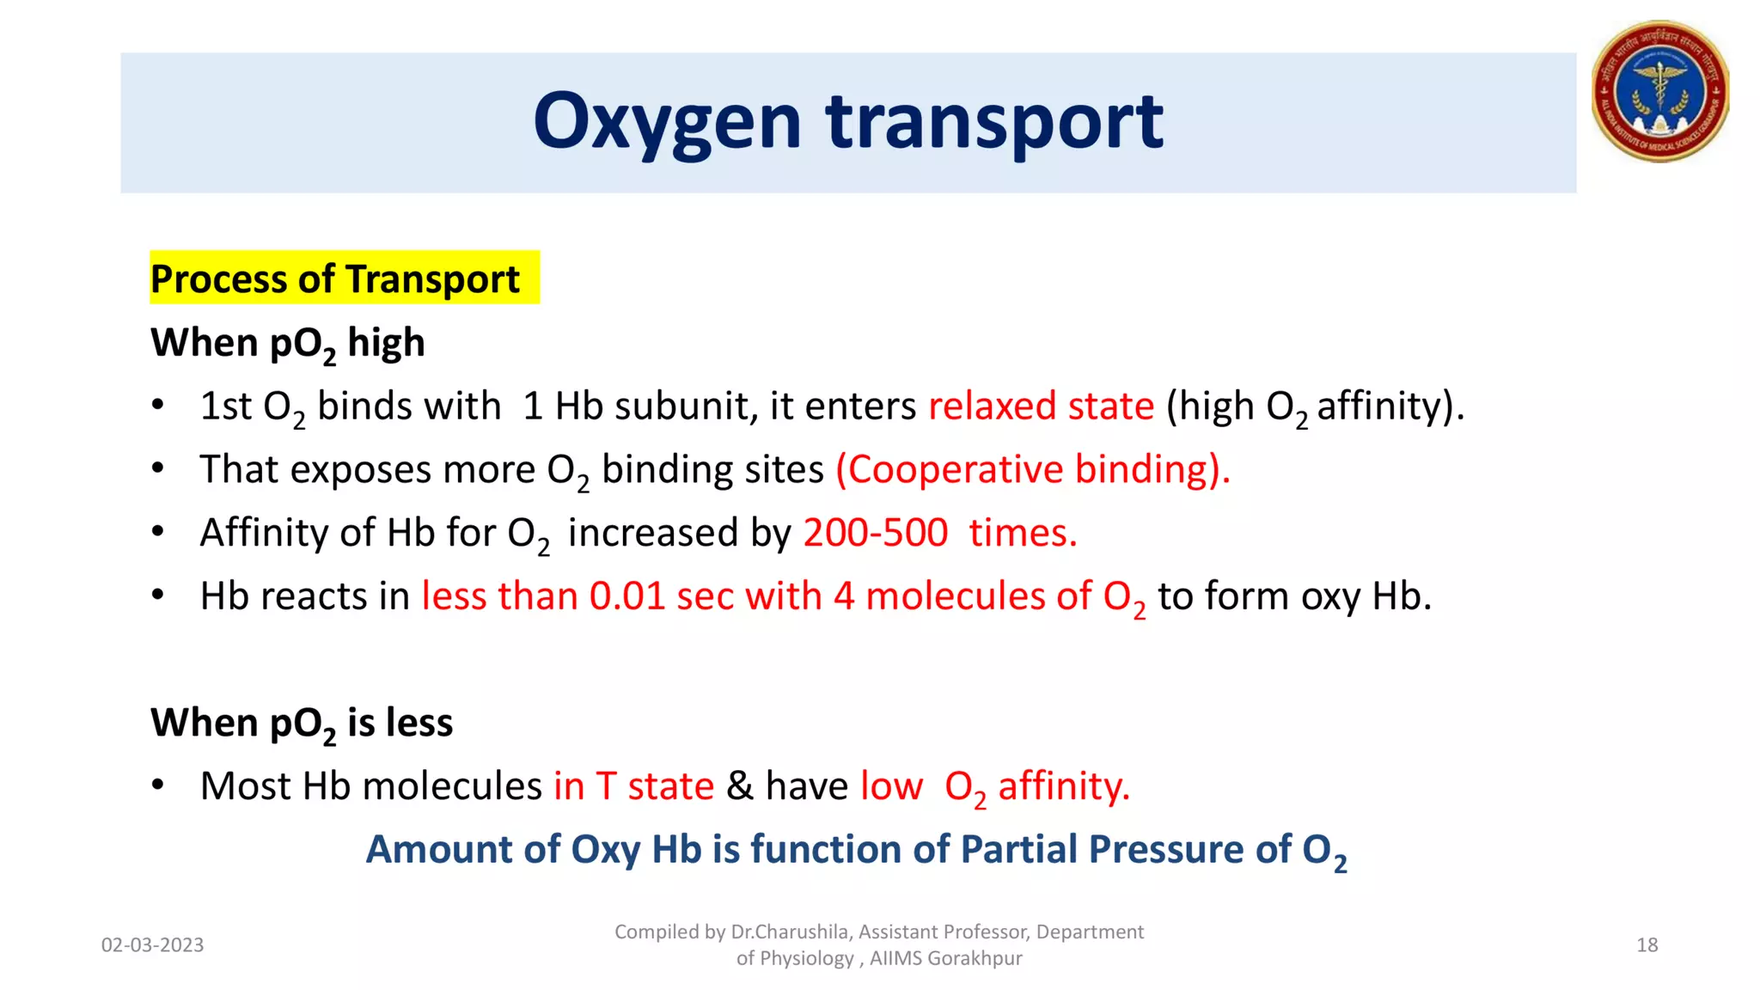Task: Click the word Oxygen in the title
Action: (x=667, y=123)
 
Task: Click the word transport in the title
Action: (x=994, y=123)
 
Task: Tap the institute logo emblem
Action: (x=1659, y=92)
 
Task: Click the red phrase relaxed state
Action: (x=1041, y=406)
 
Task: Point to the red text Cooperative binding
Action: (x=1032, y=469)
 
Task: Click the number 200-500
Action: (x=875, y=533)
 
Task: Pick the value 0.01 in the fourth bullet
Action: (x=627, y=596)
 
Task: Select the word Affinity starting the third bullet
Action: (x=264, y=533)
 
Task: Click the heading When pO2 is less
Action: (x=302, y=723)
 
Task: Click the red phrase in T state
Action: (x=633, y=786)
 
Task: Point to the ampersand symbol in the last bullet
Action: (x=739, y=786)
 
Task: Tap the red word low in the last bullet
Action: (x=891, y=786)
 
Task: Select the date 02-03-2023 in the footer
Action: (x=152, y=945)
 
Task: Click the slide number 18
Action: (x=1647, y=945)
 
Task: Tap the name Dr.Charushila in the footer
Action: (x=789, y=932)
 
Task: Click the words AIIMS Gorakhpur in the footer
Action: (x=945, y=958)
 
